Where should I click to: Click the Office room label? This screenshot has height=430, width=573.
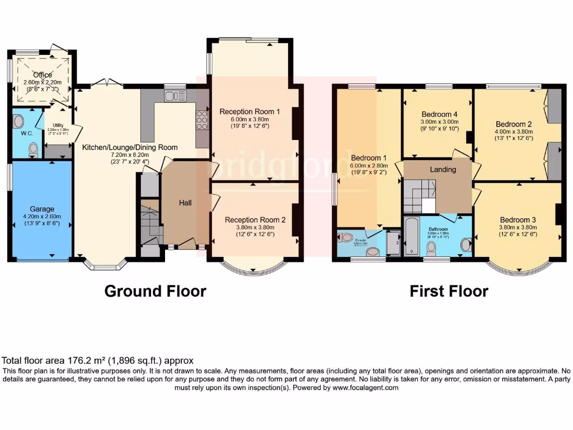(x=43, y=75)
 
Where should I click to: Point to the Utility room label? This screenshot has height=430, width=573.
(x=59, y=126)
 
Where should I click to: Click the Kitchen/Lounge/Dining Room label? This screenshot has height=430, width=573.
(x=130, y=147)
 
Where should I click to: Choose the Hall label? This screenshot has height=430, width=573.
(x=185, y=202)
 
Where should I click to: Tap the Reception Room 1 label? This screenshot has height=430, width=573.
(x=250, y=111)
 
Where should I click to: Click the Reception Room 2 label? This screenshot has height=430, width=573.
(x=255, y=220)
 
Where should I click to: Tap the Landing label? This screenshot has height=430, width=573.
(x=443, y=169)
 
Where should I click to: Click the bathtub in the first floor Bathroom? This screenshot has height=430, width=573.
(x=410, y=237)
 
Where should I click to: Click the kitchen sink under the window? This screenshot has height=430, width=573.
(x=175, y=96)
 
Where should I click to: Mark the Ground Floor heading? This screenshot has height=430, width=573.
(x=155, y=291)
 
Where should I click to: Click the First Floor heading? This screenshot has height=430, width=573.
(x=449, y=291)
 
